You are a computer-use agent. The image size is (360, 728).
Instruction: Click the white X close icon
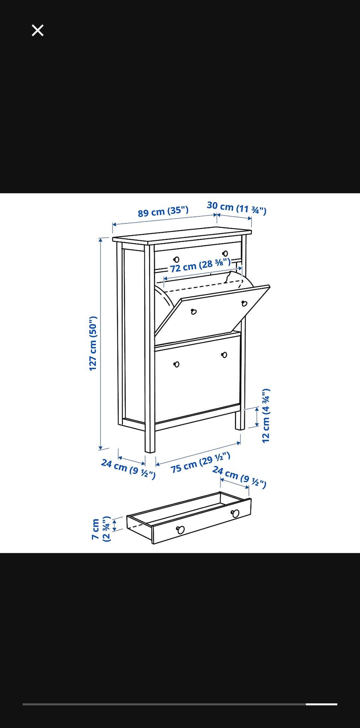coord(37,30)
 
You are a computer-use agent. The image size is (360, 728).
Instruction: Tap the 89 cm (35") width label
coord(163,211)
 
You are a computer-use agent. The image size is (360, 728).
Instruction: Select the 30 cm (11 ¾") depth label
coord(237,208)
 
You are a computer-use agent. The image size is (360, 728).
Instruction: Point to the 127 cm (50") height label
coord(93,343)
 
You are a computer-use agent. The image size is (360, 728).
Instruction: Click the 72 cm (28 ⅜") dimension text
coord(200,265)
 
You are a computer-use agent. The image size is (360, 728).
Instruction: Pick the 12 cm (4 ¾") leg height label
coord(266,415)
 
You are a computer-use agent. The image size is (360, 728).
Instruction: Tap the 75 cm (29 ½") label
coord(200,463)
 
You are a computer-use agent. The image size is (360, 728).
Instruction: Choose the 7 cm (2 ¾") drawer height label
coord(101,529)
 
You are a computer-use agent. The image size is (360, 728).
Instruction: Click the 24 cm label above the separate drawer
coord(239,477)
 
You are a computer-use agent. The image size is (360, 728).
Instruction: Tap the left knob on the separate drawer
coord(180,530)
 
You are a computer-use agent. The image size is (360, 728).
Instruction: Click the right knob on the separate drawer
coord(235,513)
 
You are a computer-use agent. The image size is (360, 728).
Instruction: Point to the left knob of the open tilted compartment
coord(194,312)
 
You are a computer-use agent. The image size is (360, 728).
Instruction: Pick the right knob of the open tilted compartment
coord(244,303)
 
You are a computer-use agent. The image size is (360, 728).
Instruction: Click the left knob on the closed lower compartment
coord(177,364)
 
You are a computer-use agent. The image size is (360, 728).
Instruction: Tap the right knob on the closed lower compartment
coord(224,355)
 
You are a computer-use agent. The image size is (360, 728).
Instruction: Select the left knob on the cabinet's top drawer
coord(176,259)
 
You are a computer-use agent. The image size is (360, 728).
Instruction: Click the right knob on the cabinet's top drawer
coord(225,254)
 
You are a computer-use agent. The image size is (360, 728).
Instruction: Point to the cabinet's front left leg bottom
coord(150,451)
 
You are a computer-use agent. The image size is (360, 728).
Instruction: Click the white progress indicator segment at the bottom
coord(321,704)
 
